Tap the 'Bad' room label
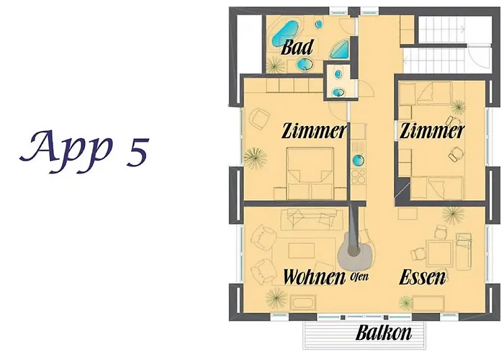click(297, 48)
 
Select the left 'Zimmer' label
click(315, 131)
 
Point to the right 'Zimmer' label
click(432, 131)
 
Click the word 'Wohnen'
click(314, 276)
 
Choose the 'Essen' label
click(423, 277)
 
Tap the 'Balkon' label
click(384, 333)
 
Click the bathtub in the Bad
click(286, 35)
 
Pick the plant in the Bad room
click(274, 65)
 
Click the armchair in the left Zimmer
click(258, 119)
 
